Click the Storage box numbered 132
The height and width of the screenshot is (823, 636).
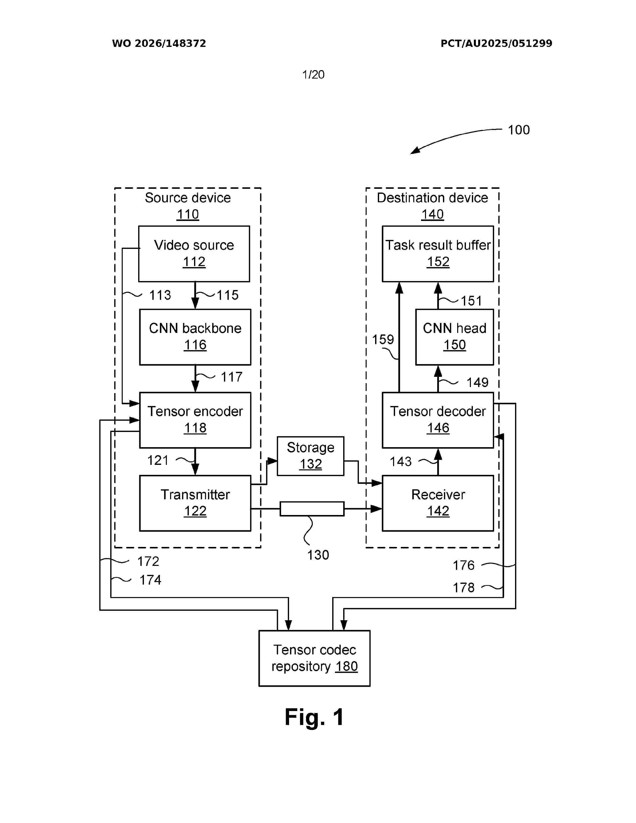coord(311,456)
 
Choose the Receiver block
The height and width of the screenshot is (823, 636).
coord(438,503)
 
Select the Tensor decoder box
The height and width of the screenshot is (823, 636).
coord(438,420)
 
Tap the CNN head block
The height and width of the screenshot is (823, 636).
coord(454,337)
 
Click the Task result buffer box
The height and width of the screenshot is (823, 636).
coord(438,254)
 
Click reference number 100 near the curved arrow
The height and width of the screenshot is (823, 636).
coord(519,130)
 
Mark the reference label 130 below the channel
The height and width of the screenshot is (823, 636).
coord(318,555)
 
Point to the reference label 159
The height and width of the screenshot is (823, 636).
coord(383,339)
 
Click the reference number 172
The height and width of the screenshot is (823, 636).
coord(148,561)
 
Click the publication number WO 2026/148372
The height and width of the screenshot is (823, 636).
coord(159,43)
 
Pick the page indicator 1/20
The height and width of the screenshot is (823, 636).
coord(314,75)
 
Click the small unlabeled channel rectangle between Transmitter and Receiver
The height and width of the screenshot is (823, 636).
coord(312,509)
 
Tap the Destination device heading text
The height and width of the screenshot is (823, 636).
coord(432,198)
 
